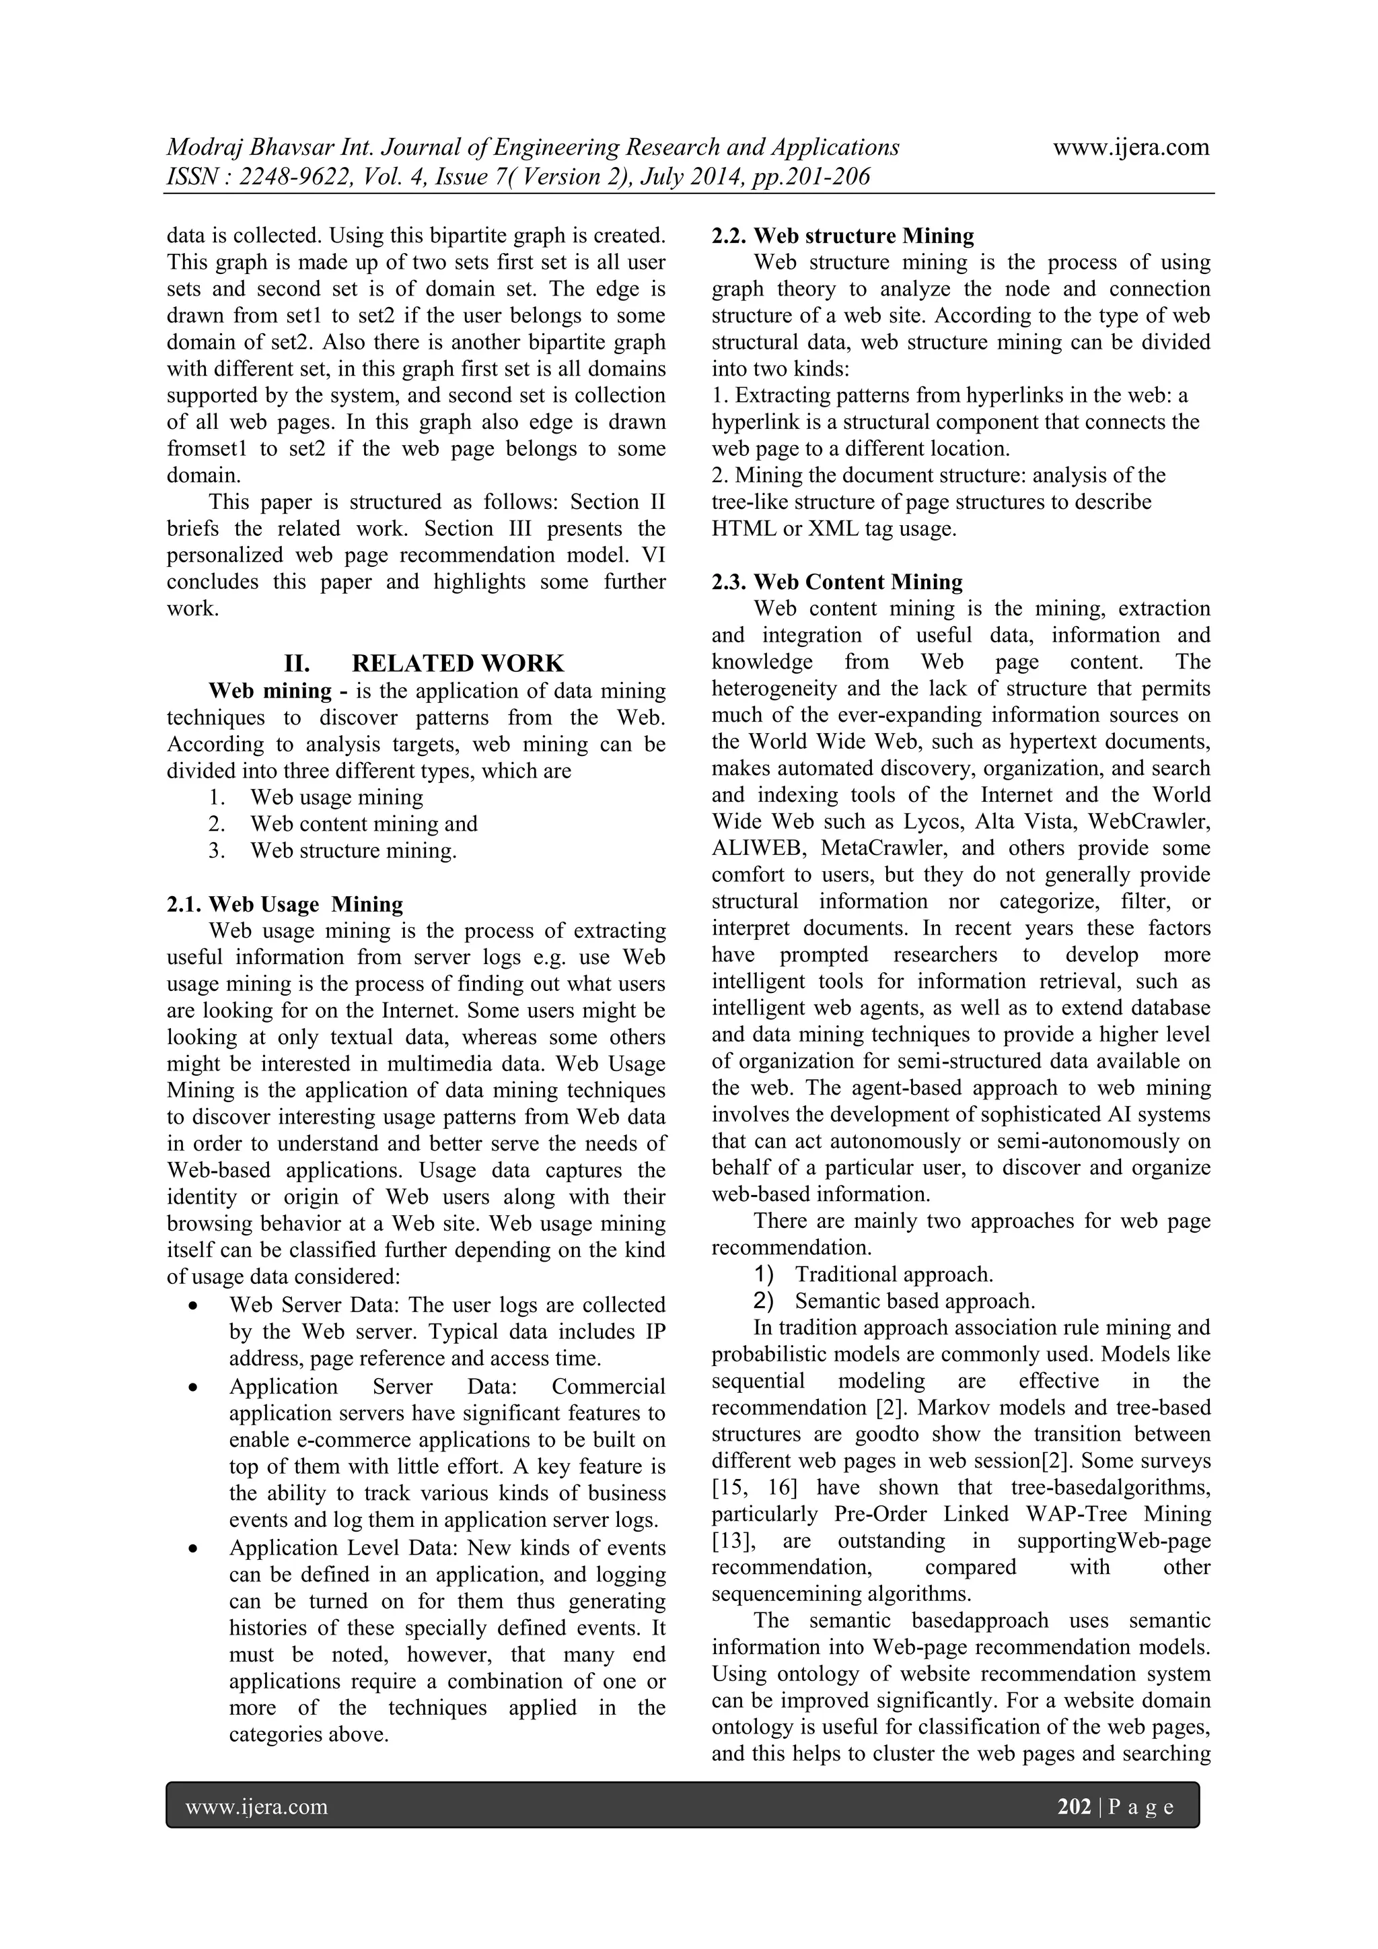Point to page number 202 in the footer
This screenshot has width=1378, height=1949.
tap(1073, 1806)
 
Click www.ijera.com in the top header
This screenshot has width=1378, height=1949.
tap(1130, 147)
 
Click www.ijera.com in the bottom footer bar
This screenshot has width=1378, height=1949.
tap(256, 1806)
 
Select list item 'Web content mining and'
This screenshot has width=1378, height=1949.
tap(363, 823)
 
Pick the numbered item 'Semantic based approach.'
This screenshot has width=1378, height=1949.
tap(914, 1301)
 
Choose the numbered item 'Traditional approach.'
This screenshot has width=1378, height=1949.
tap(894, 1274)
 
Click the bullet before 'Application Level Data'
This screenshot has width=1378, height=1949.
tap(195, 1549)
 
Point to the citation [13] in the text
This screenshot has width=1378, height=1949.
tap(728, 1541)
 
